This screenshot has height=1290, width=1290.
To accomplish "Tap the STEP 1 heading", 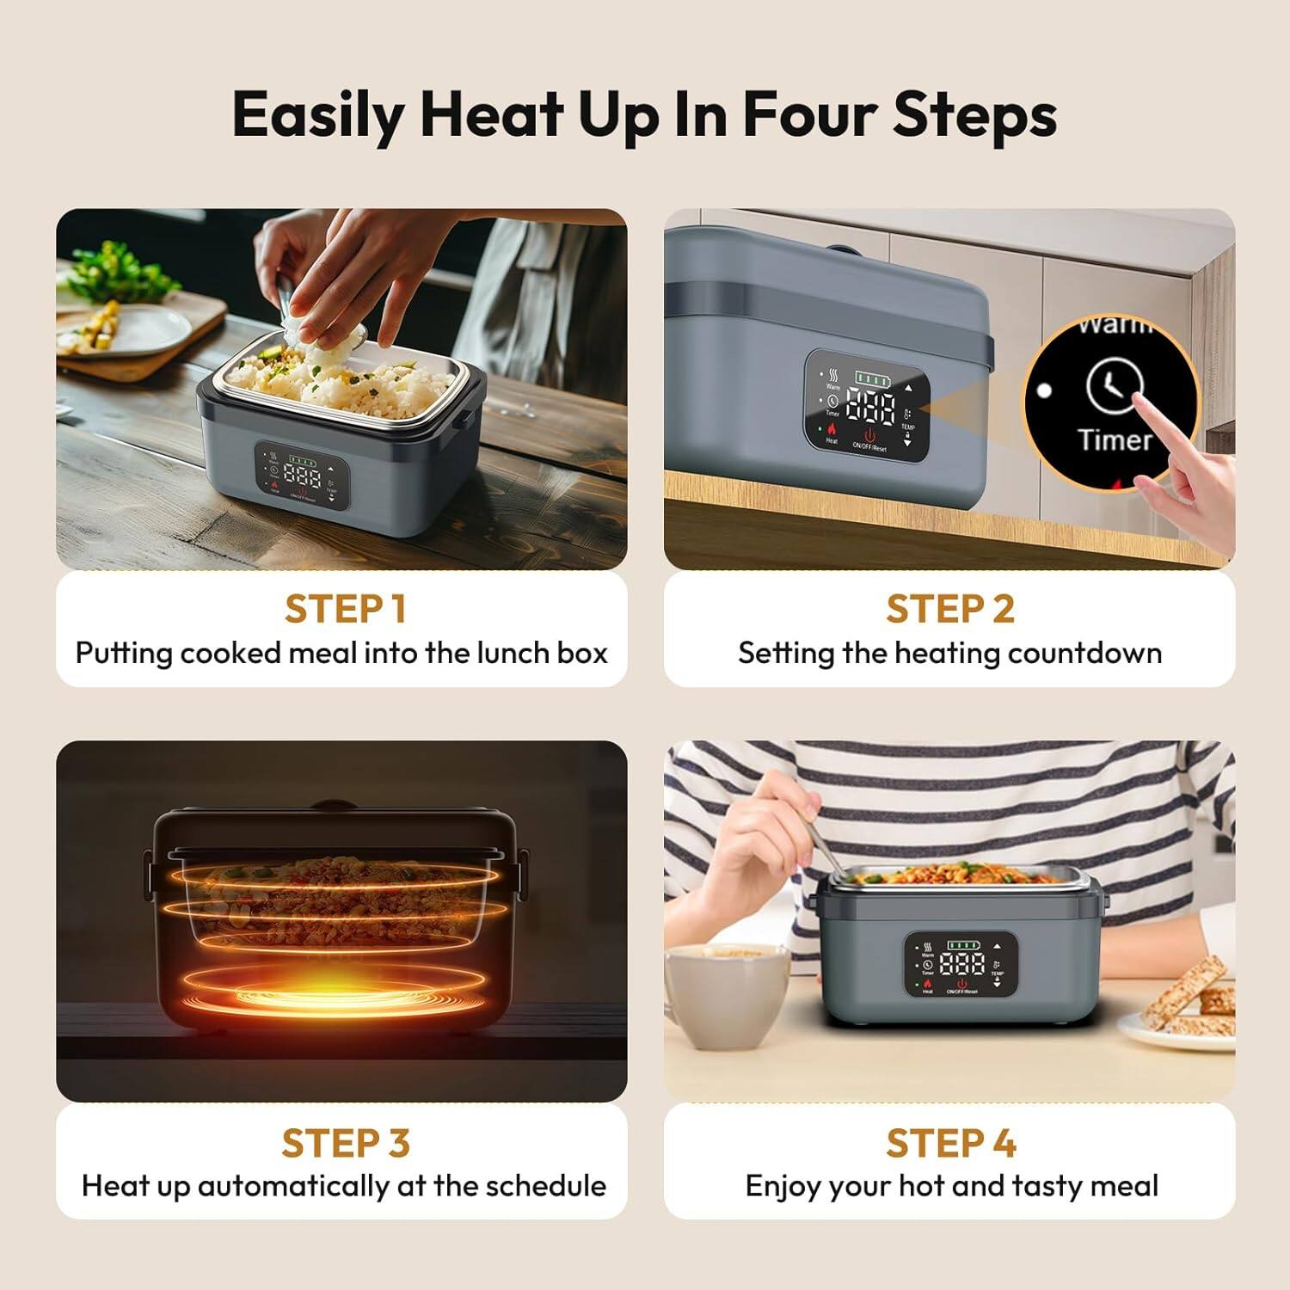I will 344,609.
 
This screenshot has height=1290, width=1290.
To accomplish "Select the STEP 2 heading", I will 950,609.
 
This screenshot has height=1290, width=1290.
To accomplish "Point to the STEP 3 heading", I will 345,1143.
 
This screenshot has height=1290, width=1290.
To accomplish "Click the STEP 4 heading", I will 951,1143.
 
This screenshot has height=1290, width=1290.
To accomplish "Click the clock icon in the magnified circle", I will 1114,386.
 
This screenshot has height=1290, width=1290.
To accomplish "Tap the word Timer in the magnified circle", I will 1115,439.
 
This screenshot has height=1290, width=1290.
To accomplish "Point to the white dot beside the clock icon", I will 1044,390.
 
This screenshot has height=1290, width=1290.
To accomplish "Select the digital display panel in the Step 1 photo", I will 301,476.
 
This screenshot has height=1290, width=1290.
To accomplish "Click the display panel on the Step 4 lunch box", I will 961,964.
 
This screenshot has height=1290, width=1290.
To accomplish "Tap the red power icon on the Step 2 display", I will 869,435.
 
